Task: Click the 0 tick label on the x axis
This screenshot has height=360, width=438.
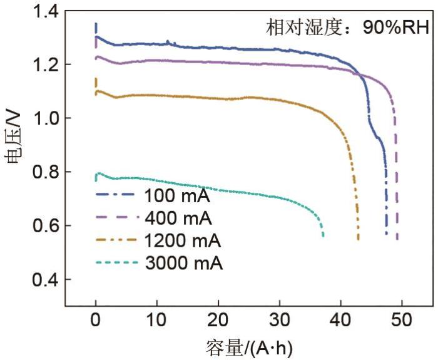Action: click(96, 322)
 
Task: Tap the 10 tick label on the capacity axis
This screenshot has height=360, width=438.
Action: click(157, 322)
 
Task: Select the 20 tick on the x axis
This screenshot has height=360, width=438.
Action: click(218, 322)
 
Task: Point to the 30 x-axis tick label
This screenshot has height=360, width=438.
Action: click(280, 322)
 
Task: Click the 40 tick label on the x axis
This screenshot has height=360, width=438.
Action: click(341, 322)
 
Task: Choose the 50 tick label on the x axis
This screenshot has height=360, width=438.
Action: click(402, 322)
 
